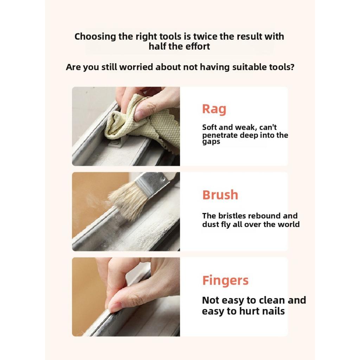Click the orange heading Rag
pyautogui.click(x=214, y=109)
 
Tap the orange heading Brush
pyautogui.click(x=220, y=195)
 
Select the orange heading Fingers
pyautogui.click(x=225, y=280)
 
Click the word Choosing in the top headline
pyautogui.click(x=95, y=37)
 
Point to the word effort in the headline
pyautogui.click(x=198, y=46)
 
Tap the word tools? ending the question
pyautogui.click(x=282, y=67)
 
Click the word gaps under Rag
pyautogui.click(x=211, y=142)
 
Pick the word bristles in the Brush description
pyautogui.click(x=232, y=216)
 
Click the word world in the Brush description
pyautogui.click(x=289, y=224)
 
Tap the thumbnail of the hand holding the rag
pyautogui.click(x=140, y=114)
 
